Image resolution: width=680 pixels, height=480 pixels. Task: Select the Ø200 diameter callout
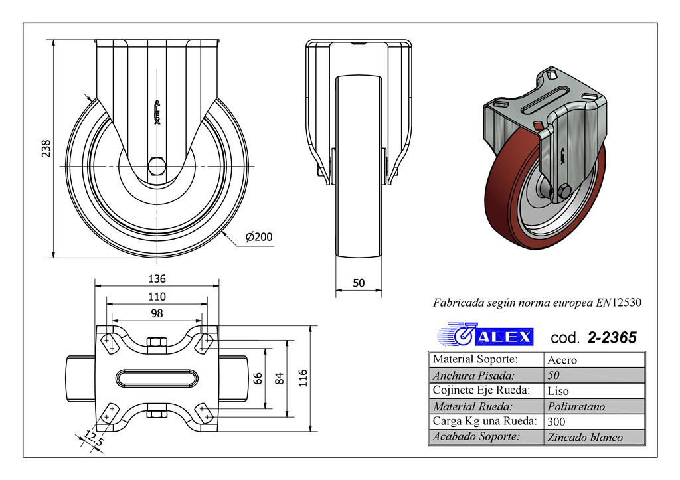(259, 237)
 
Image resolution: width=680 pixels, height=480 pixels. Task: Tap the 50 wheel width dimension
(359, 283)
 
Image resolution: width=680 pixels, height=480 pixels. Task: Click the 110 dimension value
(157, 297)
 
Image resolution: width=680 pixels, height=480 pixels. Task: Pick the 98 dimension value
(157, 313)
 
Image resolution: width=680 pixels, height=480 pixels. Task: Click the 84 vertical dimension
(280, 378)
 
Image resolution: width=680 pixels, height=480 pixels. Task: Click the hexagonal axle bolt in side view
(157, 165)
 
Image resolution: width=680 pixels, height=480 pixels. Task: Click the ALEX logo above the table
(485, 335)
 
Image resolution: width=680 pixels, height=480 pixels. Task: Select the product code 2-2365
(612, 338)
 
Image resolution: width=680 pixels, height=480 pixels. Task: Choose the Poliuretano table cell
(576, 406)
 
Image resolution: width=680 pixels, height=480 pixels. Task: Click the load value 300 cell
(556, 422)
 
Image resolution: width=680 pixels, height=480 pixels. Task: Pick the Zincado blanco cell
(584, 437)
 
